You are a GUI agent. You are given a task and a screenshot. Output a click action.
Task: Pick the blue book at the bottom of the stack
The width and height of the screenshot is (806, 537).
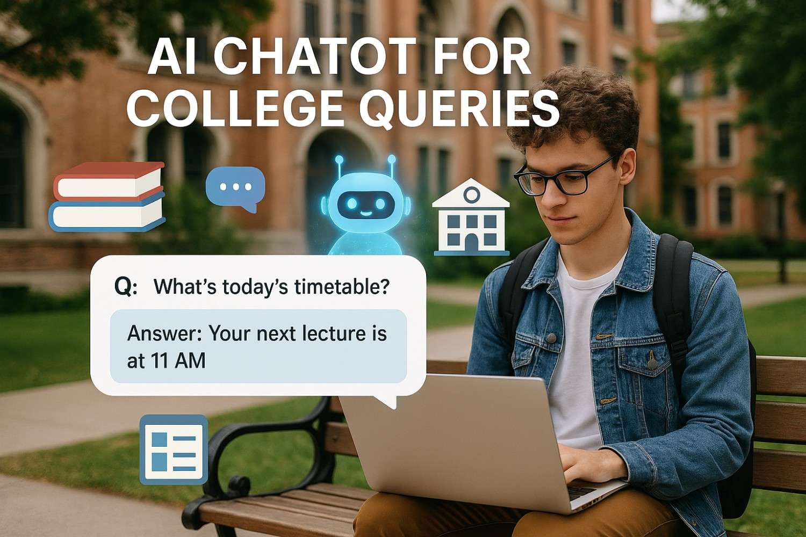pos(107,213)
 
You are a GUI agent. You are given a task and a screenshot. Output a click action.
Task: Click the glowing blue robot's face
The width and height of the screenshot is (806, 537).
pos(365,204)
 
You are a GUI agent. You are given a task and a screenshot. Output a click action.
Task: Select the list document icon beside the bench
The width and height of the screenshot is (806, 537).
pos(173,449)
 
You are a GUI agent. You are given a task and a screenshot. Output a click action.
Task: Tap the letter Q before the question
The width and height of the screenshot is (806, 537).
pos(123,287)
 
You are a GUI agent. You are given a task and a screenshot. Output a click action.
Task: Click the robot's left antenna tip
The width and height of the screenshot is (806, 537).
pos(339,160)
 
